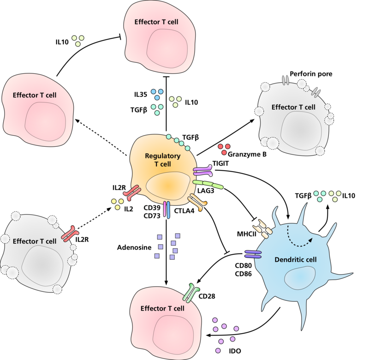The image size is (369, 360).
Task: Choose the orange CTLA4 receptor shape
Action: tap(196, 202)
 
